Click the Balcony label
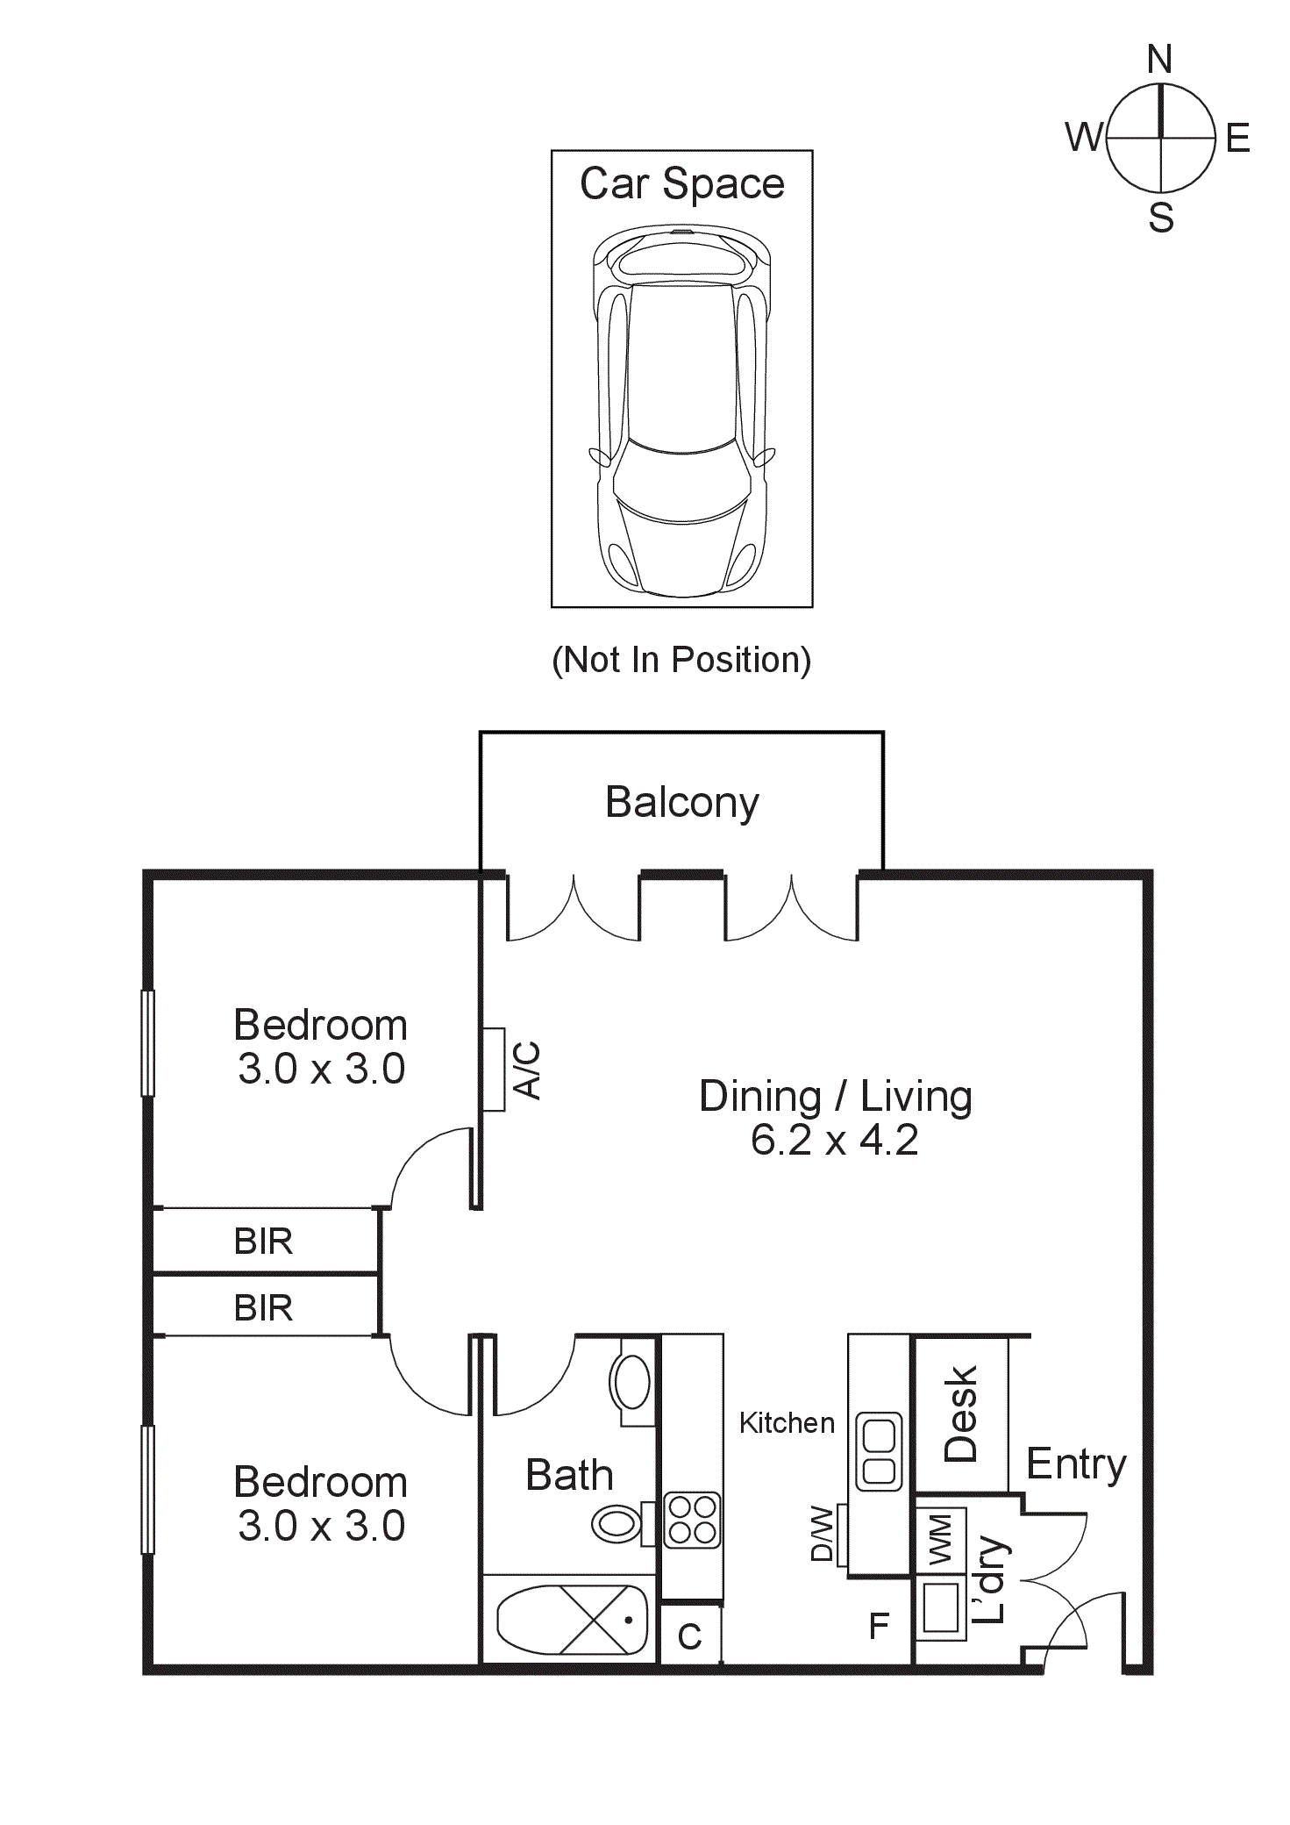tap(681, 802)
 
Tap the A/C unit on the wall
tap(495, 1070)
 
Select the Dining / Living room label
tap(835, 1096)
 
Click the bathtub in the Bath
tap(572, 1620)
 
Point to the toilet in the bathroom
tap(617, 1524)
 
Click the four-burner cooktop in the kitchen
tap(692, 1521)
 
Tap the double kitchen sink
tap(878, 1452)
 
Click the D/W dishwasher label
tap(822, 1534)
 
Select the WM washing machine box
tap(940, 1539)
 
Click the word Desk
tap(961, 1413)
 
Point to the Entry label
tap(1075, 1464)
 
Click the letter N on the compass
tap(1159, 60)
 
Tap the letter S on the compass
tap(1161, 217)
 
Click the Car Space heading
tap(681, 183)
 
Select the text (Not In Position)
tap(681, 660)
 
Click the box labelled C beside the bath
tap(690, 1635)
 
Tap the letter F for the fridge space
tap(879, 1627)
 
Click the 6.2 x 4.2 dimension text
tap(834, 1140)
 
